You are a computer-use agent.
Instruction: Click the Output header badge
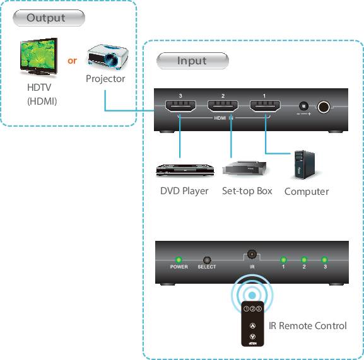click(x=46, y=18)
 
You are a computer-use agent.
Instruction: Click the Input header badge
click(x=192, y=61)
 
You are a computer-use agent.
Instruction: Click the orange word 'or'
click(x=73, y=61)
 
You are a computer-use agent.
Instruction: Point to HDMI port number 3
click(x=180, y=107)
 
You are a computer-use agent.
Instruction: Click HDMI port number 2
click(x=223, y=107)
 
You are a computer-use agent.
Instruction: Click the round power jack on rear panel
click(x=325, y=108)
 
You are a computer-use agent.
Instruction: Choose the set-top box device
click(x=247, y=168)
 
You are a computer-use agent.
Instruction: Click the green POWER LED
click(x=179, y=260)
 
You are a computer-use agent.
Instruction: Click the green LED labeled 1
click(x=283, y=260)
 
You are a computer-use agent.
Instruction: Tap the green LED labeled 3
click(x=324, y=260)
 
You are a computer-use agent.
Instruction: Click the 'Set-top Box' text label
click(x=247, y=190)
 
